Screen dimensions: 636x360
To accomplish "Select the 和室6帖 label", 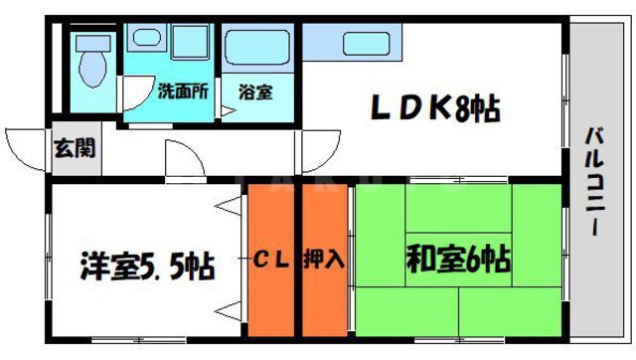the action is [458, 261].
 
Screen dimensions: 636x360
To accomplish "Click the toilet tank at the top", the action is [94, 42].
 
